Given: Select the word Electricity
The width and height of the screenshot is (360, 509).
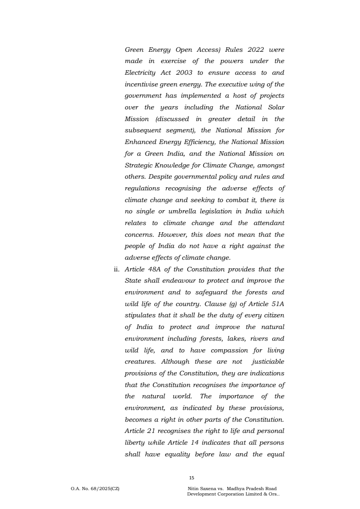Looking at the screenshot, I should [x=140, y=72].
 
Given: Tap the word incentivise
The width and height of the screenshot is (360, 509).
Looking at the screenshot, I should [x=142, y=84].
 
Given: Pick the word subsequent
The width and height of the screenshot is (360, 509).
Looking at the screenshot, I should [x=145, y=131].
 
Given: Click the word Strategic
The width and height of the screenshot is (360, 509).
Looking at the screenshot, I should [x=139, y=165].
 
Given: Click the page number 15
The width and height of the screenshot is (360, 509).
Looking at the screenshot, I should [x=192, y=478].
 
